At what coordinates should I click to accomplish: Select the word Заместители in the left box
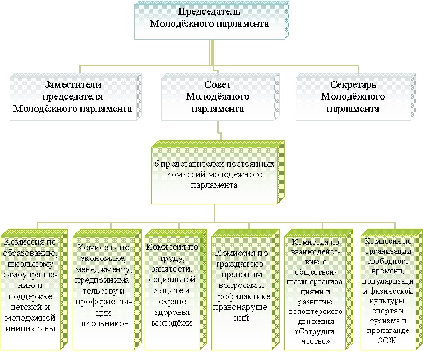point(73,85)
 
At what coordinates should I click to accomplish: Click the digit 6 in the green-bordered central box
point(156,164)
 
